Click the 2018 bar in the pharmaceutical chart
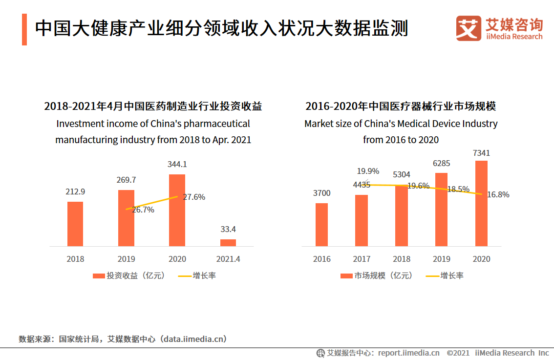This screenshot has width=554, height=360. tap(75, 224)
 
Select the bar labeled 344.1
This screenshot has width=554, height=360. tap(177, 210)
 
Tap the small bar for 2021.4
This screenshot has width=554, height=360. tap(228, 242)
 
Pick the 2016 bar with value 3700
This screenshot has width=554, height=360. tap(321, 224)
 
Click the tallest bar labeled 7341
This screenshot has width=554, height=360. tap(481, 203)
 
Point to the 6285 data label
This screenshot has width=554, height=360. tap(441, 164)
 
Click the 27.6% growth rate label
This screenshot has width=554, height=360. tap(194, 197)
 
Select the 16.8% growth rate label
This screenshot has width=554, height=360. tap(498, 194)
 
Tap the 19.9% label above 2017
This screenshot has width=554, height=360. tap(368, 171)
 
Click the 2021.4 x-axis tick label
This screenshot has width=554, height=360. tap(228, 259)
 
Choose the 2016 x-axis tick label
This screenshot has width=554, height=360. tap(322, 259)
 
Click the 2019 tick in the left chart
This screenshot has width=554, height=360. tap(126, 259)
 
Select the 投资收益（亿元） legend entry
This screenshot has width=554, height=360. tap(129, 275)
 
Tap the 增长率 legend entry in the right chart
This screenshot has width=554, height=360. tap(445, 275)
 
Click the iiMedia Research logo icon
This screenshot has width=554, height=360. tap(469, 28)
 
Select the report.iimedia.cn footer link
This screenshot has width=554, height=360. tap(408, 353)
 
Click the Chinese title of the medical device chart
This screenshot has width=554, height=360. tap(401, 106)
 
